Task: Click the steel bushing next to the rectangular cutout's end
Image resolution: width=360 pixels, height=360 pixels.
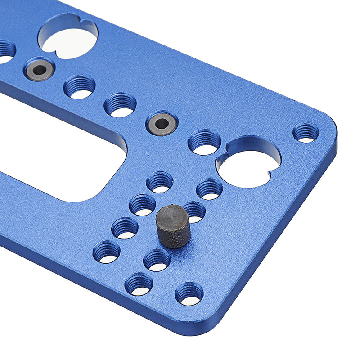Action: click(162, 122)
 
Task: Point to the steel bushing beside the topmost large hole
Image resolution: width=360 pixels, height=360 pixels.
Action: click(40, 69)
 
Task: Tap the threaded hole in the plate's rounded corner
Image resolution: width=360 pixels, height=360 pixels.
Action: click(306, 133)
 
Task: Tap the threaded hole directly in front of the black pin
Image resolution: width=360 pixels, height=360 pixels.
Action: click(157, 260)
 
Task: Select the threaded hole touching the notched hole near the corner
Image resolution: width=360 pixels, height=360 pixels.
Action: click(204, 143)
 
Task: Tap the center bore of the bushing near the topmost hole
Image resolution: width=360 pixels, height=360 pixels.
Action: click(40, 69)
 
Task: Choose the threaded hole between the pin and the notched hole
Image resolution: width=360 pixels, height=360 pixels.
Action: click(209, 189)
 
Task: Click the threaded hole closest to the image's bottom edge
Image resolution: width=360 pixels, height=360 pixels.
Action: click(189, 294)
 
